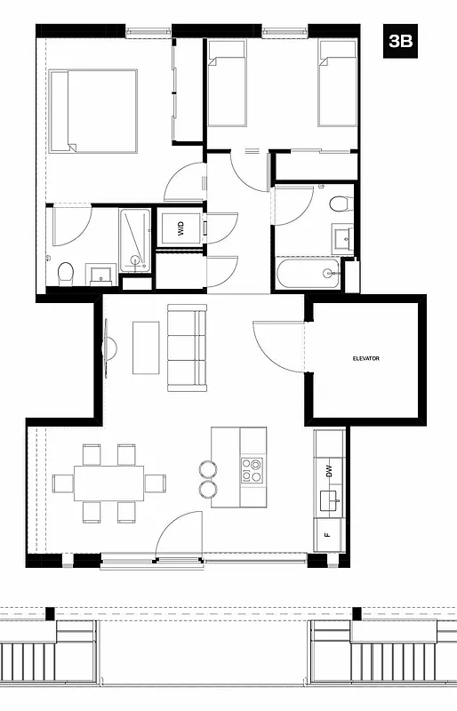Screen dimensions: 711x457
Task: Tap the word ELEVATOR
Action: click(366, 358)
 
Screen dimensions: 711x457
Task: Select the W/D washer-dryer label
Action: click(180, 229)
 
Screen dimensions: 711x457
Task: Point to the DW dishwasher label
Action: click(328, 472)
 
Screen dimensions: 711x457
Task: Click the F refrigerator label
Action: click(327, 535)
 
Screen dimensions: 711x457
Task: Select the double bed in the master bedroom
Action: click(93, 110)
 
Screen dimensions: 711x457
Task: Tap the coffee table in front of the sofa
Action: click(146, 347)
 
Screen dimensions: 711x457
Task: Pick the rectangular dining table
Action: click(108, 483)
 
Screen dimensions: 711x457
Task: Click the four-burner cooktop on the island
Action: click(252, 470)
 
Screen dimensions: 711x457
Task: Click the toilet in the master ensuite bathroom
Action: click(64, 275)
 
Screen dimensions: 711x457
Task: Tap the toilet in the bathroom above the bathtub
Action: click(339, 204)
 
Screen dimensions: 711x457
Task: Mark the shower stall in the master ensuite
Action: click(135, 239)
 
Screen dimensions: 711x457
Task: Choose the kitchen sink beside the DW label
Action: click(331, 503)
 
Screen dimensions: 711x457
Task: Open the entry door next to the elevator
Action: click(279, 347)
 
